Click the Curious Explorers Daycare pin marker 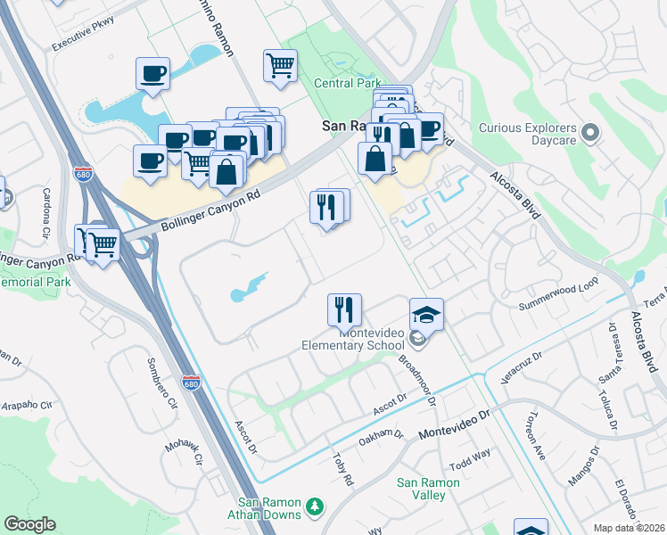click(x=590, y=134)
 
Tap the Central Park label click(x=347, y=83)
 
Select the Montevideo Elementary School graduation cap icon click(x=427, y=314)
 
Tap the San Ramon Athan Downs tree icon click(x=313, y=507)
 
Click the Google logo click(x=29, y=524)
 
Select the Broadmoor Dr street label click(x=416, y=380)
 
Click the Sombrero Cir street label click(x=161, y=383)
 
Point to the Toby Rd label click(x=342, y=468)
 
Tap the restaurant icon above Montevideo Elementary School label click(x=344, y=310)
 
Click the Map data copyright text click(x=630, y=528)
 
